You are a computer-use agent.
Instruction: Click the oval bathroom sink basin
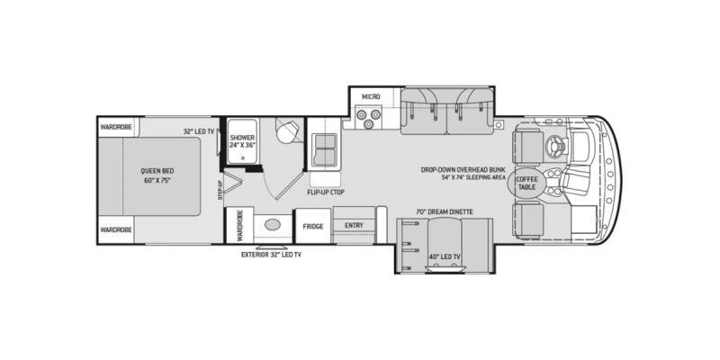[x=273, y=224]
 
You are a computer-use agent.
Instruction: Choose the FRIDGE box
[x=313, y=227]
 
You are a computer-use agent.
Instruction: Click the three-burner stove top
[x=369, y=117]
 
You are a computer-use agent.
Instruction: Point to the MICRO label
[x=371, y=96]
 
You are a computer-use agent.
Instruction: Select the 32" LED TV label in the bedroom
[x=199, y=131]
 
